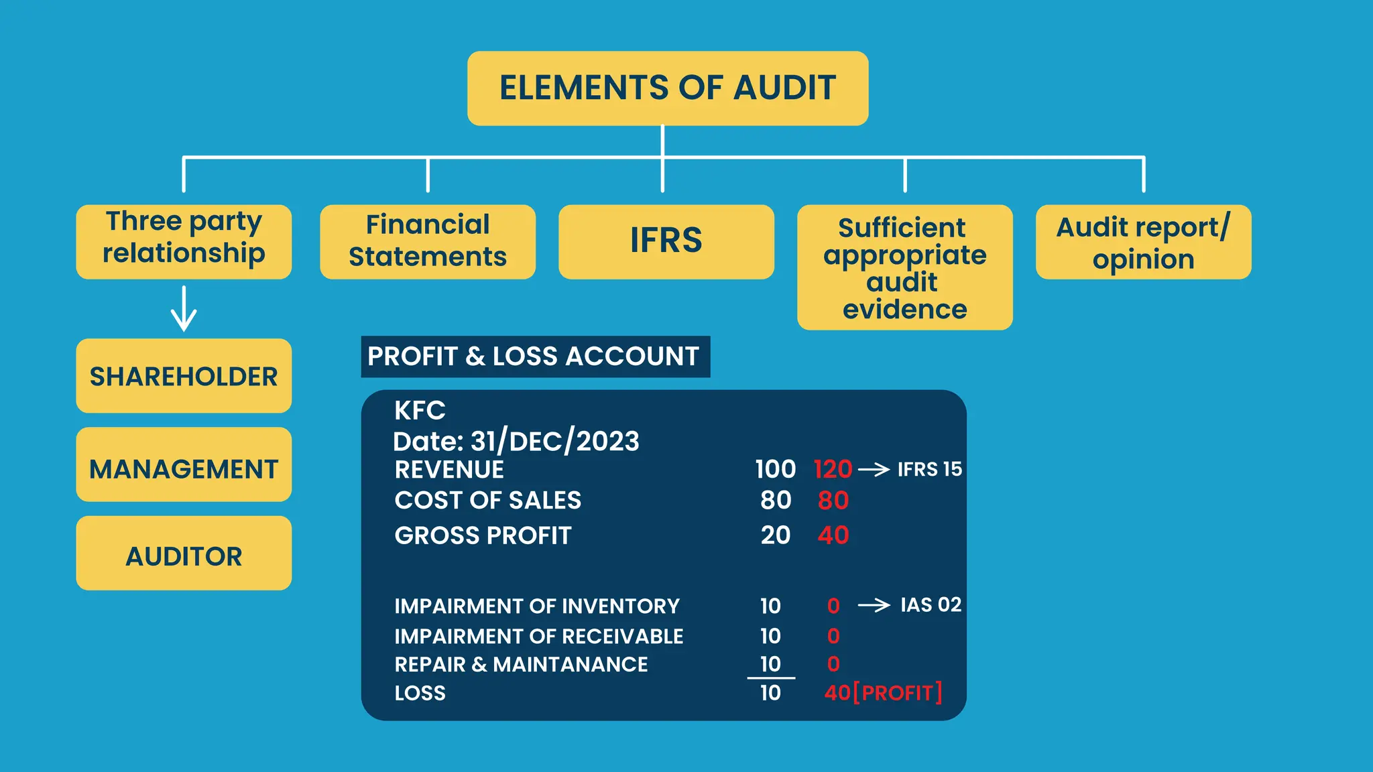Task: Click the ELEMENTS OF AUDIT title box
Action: coord(668,88)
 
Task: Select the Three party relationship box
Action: coord(184,241)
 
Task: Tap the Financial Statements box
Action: coord(428,241)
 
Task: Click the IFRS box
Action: coord(666,241)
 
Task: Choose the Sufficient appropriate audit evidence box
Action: coord(904,267)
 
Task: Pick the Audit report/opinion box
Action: coord(1143,242)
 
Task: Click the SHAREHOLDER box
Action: coord(184,376)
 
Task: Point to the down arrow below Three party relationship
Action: coord(184,309)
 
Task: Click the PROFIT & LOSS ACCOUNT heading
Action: coord(534,357)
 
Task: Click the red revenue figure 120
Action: coord(833,469)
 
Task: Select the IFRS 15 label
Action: coord(929,469)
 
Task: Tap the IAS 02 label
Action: coord(931,605)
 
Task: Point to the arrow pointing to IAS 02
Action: coord(874,606)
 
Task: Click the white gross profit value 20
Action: coord(776,535)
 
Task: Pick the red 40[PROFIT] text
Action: coord(883,692)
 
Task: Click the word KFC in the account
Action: coord(420,410)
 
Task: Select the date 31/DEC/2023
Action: coord(554,442)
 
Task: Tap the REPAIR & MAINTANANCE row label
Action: coord(521,664)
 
